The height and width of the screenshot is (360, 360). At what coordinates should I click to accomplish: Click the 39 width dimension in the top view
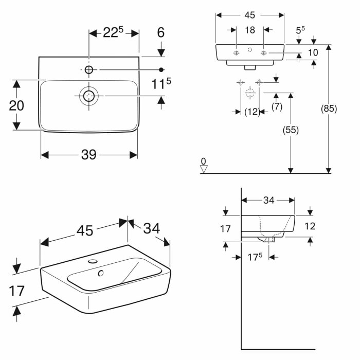89,155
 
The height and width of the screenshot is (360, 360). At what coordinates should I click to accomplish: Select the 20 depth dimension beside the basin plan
16,105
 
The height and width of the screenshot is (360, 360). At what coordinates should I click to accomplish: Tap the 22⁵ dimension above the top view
114,33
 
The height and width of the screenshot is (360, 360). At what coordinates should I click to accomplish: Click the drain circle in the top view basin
89,96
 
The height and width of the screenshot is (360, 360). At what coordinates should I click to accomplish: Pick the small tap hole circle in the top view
89,69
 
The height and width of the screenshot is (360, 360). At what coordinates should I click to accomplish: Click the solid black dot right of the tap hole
161,69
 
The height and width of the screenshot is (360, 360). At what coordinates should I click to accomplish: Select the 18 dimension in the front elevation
249,30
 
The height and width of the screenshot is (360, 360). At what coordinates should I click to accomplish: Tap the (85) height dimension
329,109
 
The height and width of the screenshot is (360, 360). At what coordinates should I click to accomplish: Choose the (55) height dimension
291,130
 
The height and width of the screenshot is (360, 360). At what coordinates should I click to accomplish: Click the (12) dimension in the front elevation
251,112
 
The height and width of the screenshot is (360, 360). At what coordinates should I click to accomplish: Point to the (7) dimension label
277,106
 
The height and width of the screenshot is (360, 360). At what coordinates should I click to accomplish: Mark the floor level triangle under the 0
204,169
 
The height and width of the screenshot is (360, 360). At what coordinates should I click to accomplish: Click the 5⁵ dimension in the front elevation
300,30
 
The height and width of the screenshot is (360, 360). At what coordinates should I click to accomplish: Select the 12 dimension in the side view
310,226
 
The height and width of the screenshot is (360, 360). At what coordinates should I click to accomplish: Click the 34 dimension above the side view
268,201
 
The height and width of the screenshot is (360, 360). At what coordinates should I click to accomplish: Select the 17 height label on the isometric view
17,291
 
